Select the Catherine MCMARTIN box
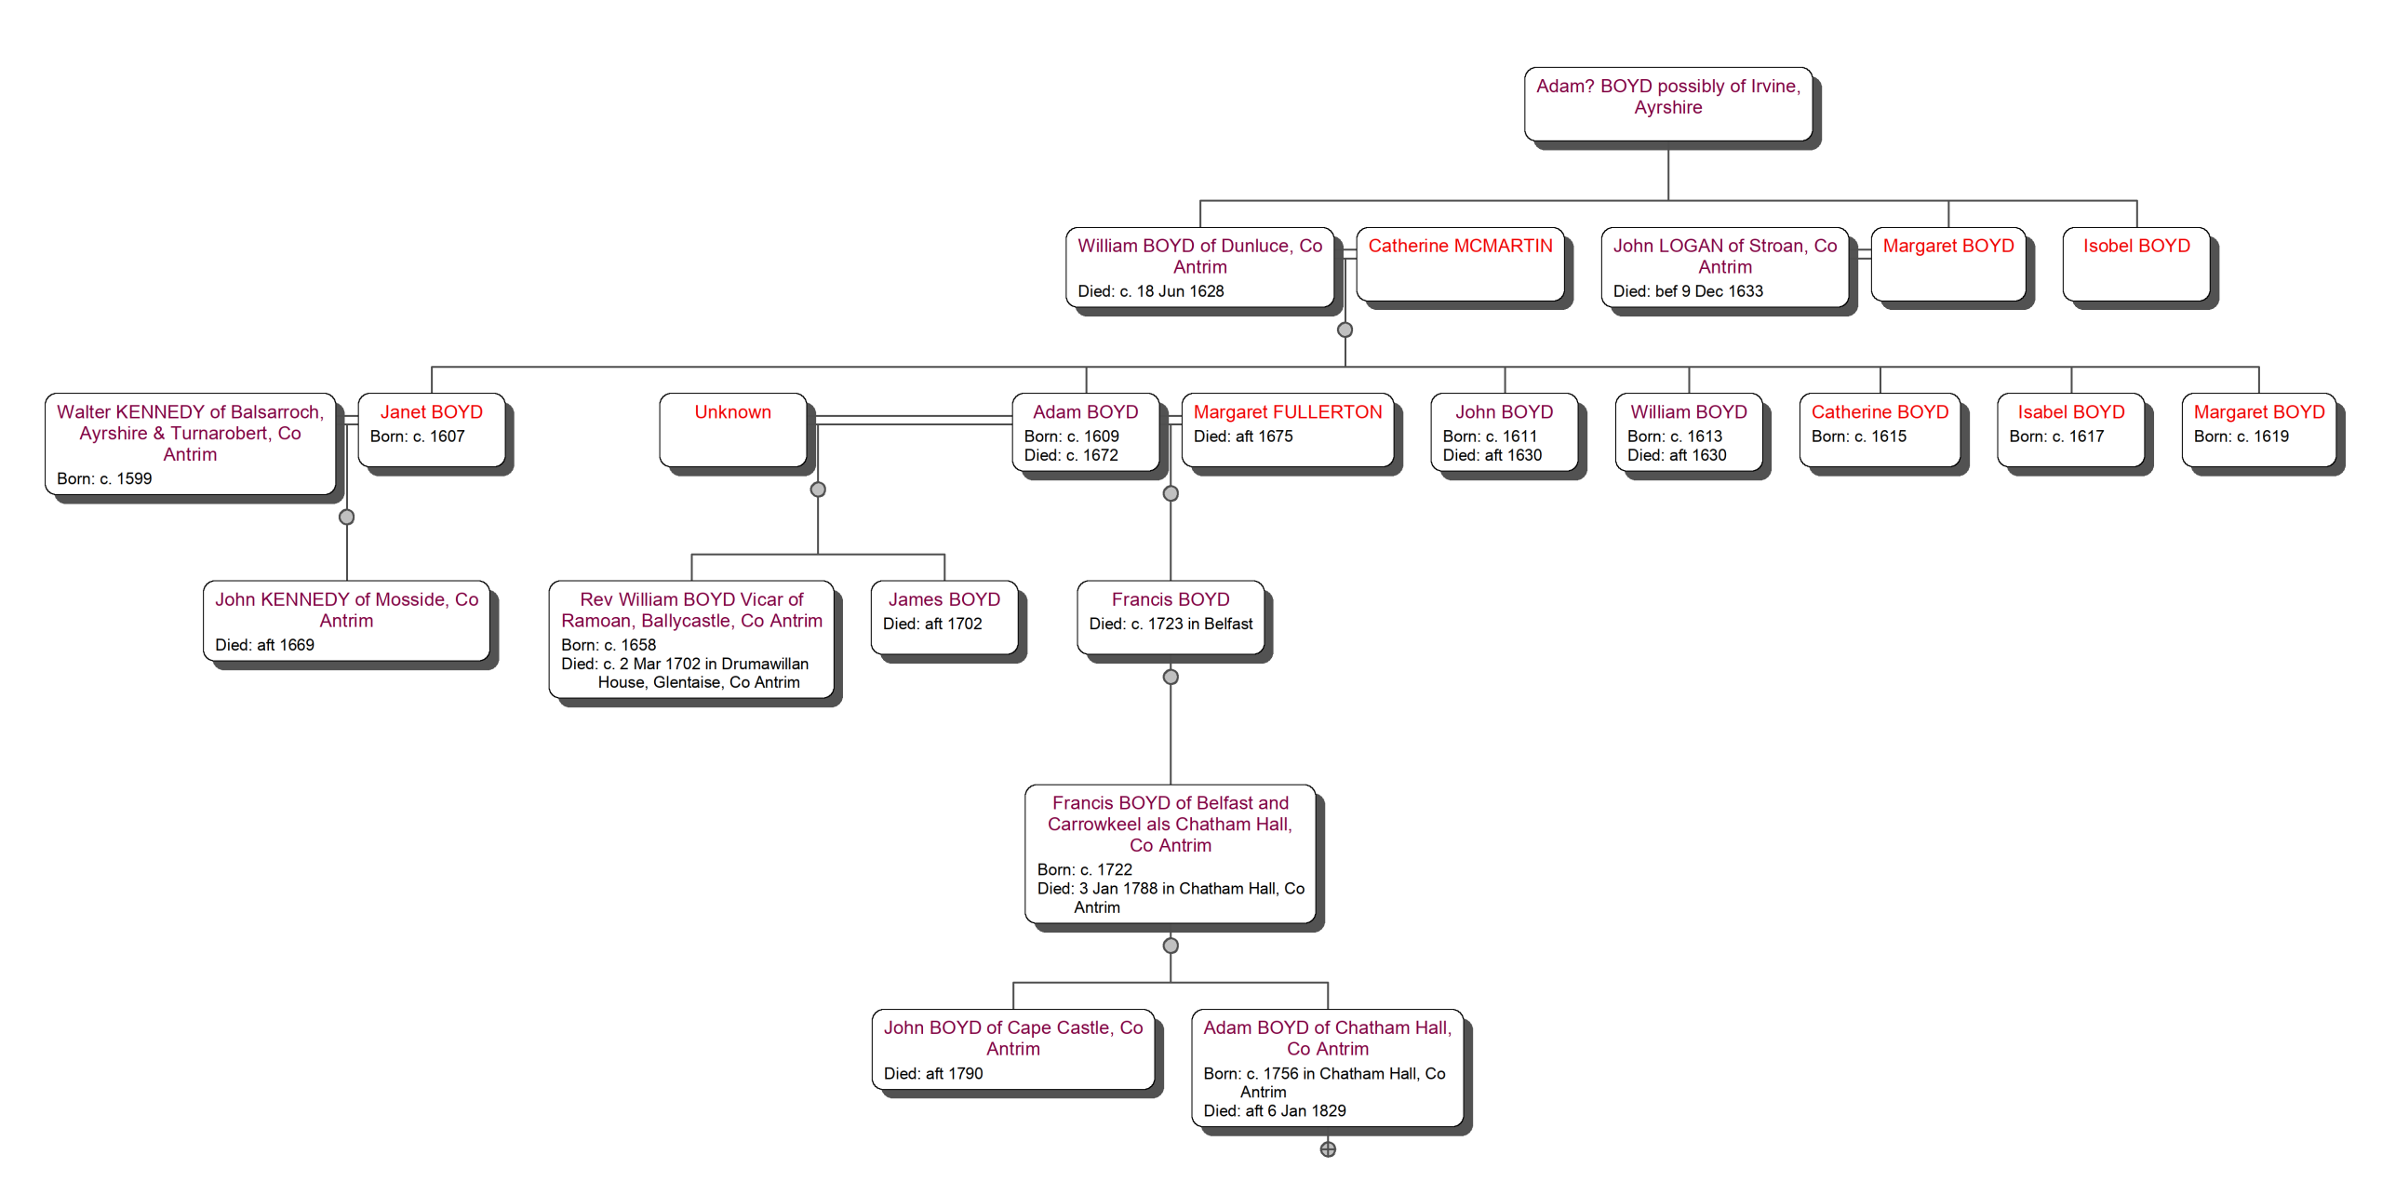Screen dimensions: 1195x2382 point(1459,263)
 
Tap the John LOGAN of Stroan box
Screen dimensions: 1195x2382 point(1723,266)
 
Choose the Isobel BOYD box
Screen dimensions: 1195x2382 point(2135,263)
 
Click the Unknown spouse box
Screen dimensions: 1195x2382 point(732,429)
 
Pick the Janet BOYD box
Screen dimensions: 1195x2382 point(431,429)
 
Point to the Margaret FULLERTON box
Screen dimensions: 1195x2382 point(1287,429)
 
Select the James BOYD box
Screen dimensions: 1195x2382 point(943,617)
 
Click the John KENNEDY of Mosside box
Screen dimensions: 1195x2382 point(346,620)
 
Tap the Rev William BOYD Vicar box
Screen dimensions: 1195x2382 point(690,638)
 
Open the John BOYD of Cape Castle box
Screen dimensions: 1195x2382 point(1012,1048)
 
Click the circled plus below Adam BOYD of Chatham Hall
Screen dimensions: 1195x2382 point(1328,1149)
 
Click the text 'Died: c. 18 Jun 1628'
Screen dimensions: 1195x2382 point(1150,291)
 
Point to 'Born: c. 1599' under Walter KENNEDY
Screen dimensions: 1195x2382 point(104,478)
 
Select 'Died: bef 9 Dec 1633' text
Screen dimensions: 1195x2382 point(1687,291)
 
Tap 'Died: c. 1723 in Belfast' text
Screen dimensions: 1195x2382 point(1171,624)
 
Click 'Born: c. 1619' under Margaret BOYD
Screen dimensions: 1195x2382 point(2241,436)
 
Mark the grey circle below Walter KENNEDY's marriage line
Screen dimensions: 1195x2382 point(346,517)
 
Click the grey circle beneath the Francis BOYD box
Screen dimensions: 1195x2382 point(1171,677)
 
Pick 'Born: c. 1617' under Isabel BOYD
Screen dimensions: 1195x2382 point(2055,436)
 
